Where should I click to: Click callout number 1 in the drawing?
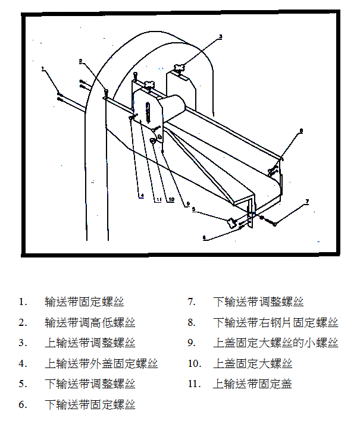pos(43,69)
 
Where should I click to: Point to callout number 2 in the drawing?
pos(81,60)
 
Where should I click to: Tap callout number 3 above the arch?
pos(220,37)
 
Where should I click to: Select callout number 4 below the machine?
pos(142,196)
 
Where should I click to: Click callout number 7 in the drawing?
pos(307,202)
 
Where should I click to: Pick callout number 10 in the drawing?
pos(171,200)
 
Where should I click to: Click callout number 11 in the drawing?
pos(158,200)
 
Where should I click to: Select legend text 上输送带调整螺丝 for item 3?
pos(90,343)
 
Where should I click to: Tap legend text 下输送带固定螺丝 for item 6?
pos(90,404)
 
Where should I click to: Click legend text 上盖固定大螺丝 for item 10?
pos(252,363)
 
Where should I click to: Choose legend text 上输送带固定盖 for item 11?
pos(252,384)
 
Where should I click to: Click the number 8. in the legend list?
pos(192,323)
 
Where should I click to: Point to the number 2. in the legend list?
pos(23,323)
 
